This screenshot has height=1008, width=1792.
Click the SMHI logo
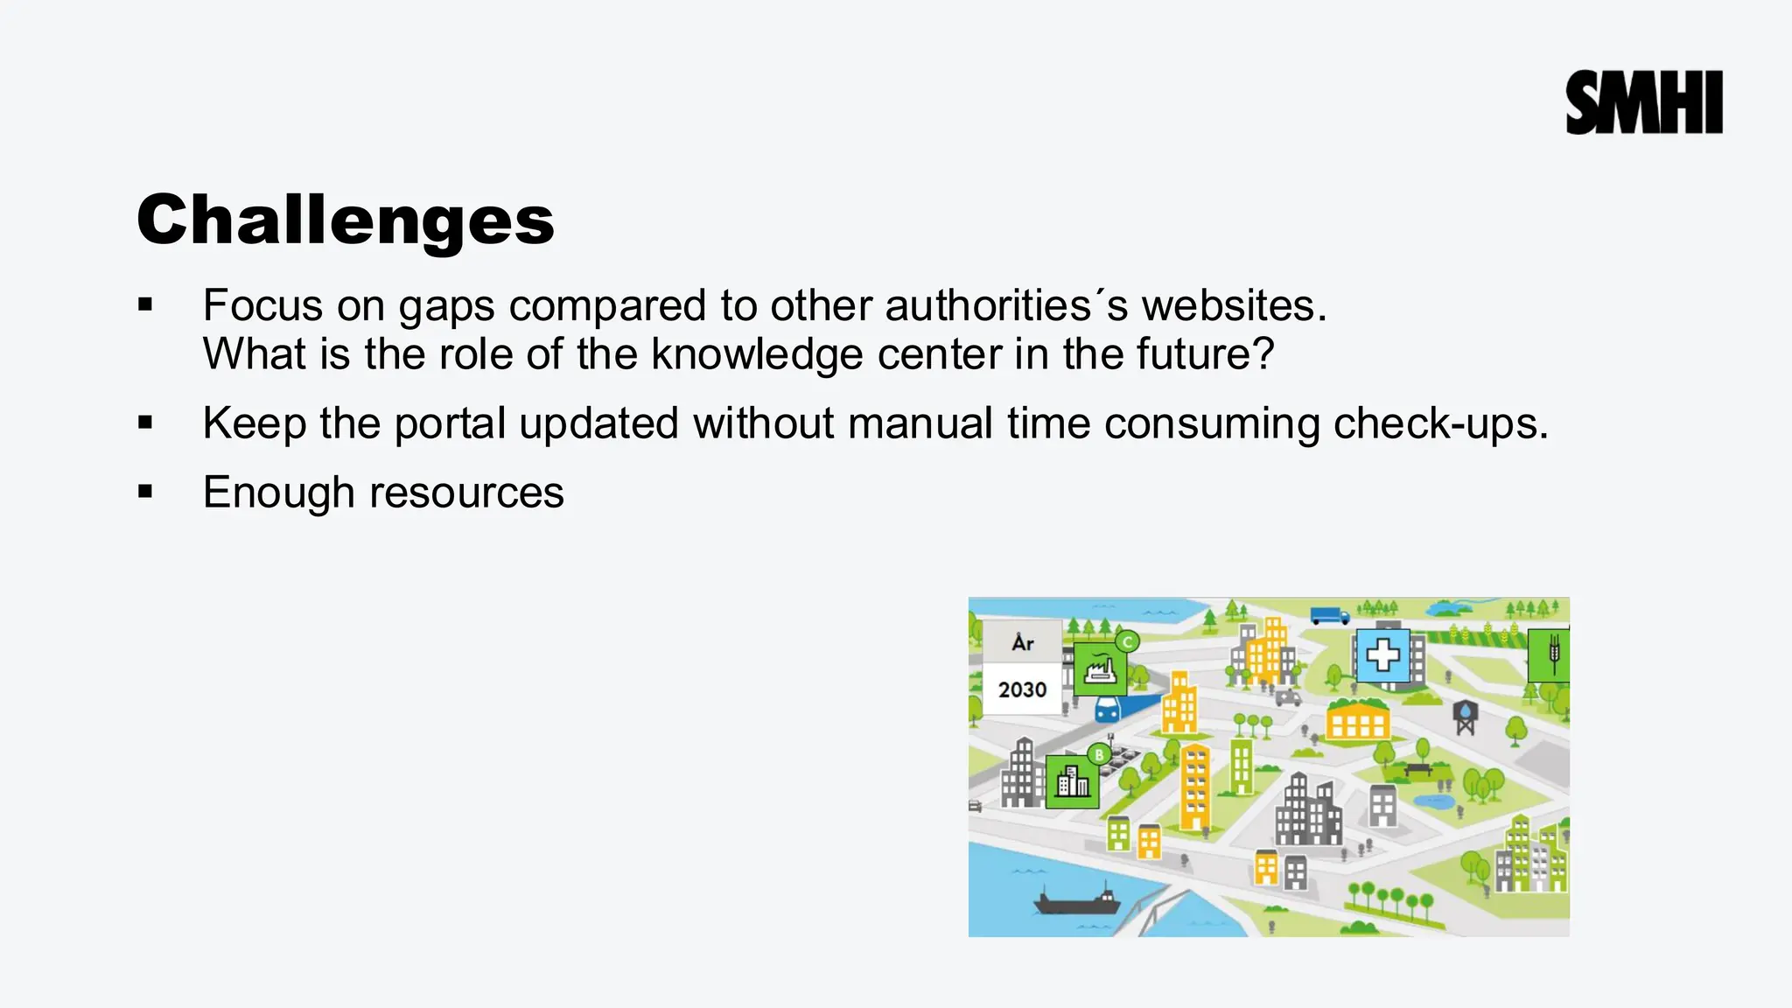click(1643, 102)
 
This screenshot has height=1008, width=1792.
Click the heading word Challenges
click(346, 220)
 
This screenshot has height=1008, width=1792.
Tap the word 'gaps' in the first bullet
click(446, 307)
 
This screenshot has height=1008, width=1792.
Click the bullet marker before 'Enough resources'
click(145, 492)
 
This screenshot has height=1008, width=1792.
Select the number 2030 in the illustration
click(1022, 689)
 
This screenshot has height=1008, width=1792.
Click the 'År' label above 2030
click(1022, 643)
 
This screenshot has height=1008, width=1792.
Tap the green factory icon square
click(1099, 669)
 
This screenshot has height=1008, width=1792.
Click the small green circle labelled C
click(1127, 641)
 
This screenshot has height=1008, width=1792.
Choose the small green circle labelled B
click(1099, 754)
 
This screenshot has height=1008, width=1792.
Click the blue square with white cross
click(1382, 654)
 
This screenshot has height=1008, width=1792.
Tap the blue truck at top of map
click(1330, 616)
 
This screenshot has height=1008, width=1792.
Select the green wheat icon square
click(1550, 654)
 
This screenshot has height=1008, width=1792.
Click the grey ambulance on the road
click(1288, 697)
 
